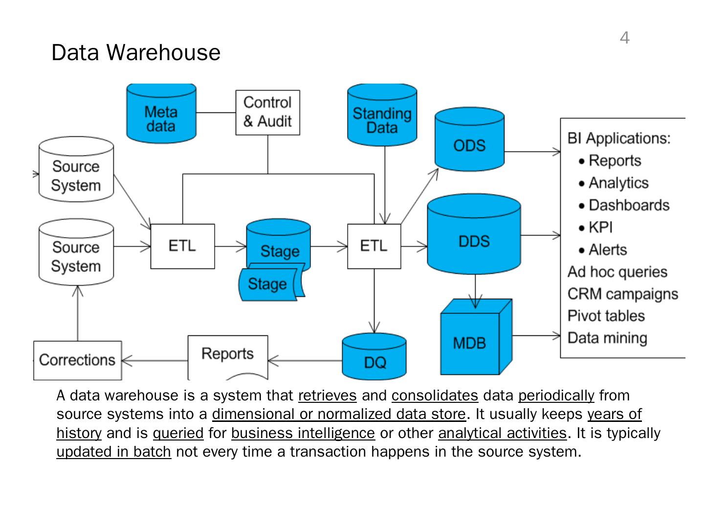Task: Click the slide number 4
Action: (x=624, y=38)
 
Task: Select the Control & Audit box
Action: (x=267, y=112)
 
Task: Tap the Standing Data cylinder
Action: (x=382, y=117)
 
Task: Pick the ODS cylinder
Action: (x=469, y=142)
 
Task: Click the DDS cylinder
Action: (x=474, y=237)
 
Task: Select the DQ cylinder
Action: (x=374, y=359)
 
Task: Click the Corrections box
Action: (x=77, y=360)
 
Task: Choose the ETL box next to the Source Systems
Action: (x=182, y=246)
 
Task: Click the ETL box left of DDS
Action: (x=374, y=246)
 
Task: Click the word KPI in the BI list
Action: (x=600, y=227)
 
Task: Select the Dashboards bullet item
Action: (x=628, y=205)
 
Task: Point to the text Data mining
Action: (x=607, y=338)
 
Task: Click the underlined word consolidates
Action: (x=435, y=395)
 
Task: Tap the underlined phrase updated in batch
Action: (x=113, y=451)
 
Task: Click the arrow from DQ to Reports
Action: (x=306, y=361)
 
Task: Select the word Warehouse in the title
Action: (x=164, y=52)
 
